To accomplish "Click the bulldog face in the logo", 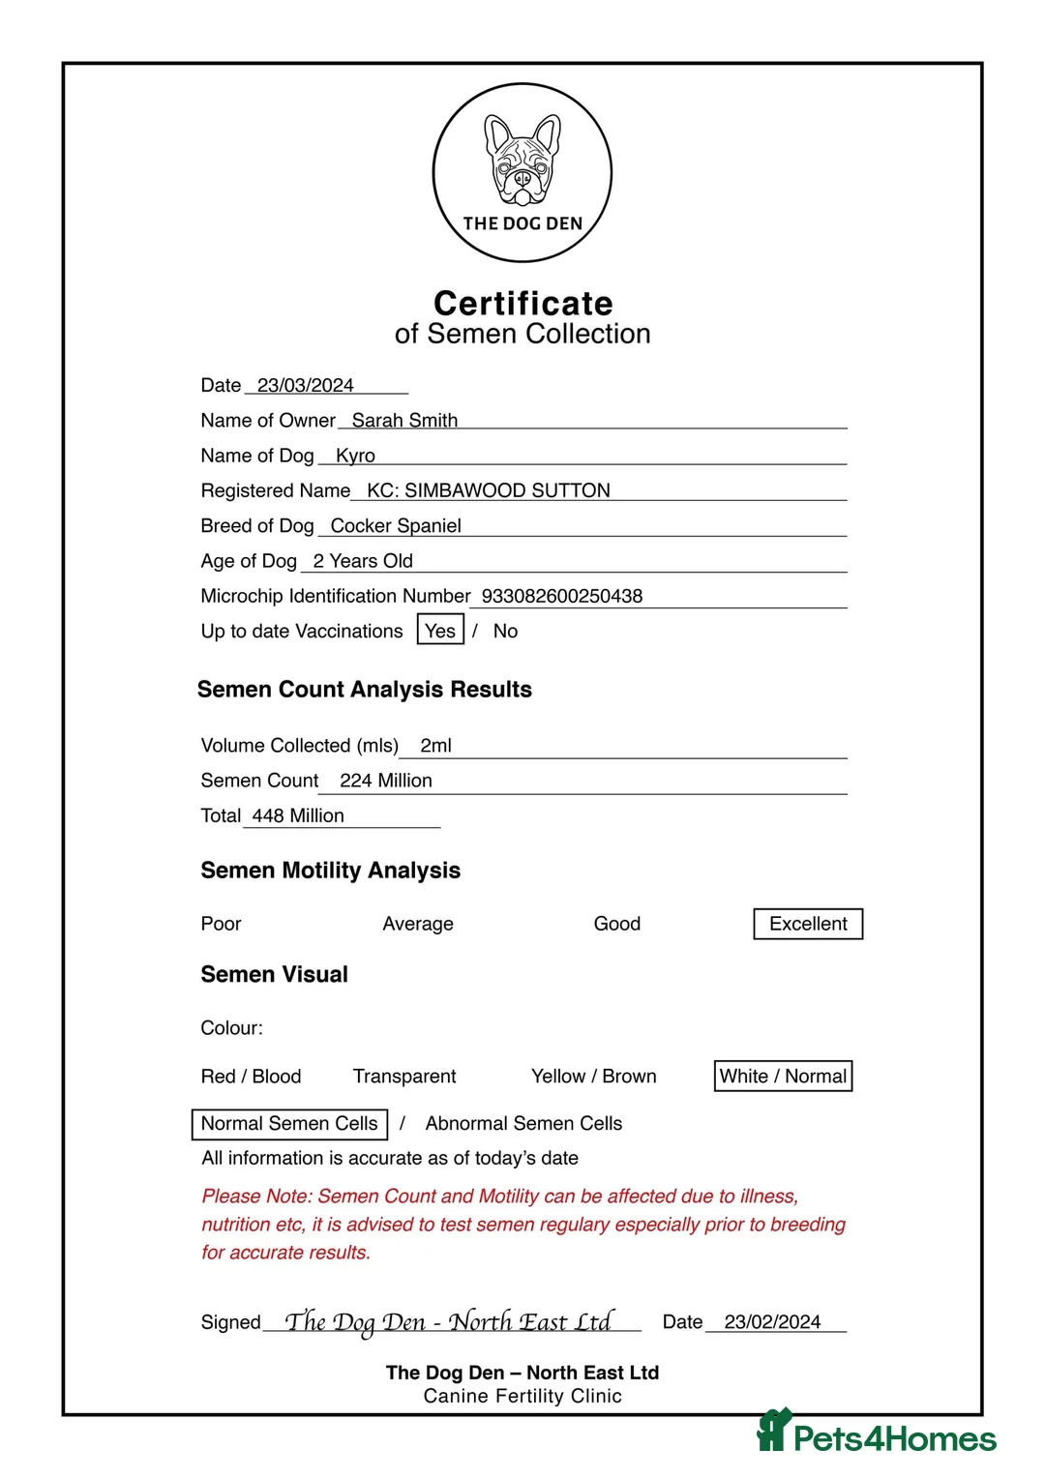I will tap(522, 160).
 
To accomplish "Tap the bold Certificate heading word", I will tap(522, 303).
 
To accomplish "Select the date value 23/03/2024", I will tap(306, 385).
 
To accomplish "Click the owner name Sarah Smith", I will tap(404, 420).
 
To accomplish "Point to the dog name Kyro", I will tap(355, 456).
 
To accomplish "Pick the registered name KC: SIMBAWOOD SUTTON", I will tap(488, 490).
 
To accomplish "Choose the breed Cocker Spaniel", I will tap(396, 525).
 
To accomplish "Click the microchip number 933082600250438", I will tap(561, 596).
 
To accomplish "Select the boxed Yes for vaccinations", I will tap(440, 631).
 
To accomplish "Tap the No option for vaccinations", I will tap(505, 631).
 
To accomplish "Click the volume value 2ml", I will tap(435, 745).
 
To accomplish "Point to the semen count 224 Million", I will tap(385, 781).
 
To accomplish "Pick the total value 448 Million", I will tap(298, 815).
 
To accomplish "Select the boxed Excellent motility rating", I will tap(808, 924).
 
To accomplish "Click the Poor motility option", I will tap(221, 924).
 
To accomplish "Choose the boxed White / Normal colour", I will tap(783, 1076).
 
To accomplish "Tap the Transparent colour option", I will tap(404, 1077).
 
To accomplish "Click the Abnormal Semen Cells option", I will tap(523, 1123).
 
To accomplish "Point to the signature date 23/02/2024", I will tap(772, 1321).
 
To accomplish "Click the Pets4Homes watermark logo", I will tap(877, 1435).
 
